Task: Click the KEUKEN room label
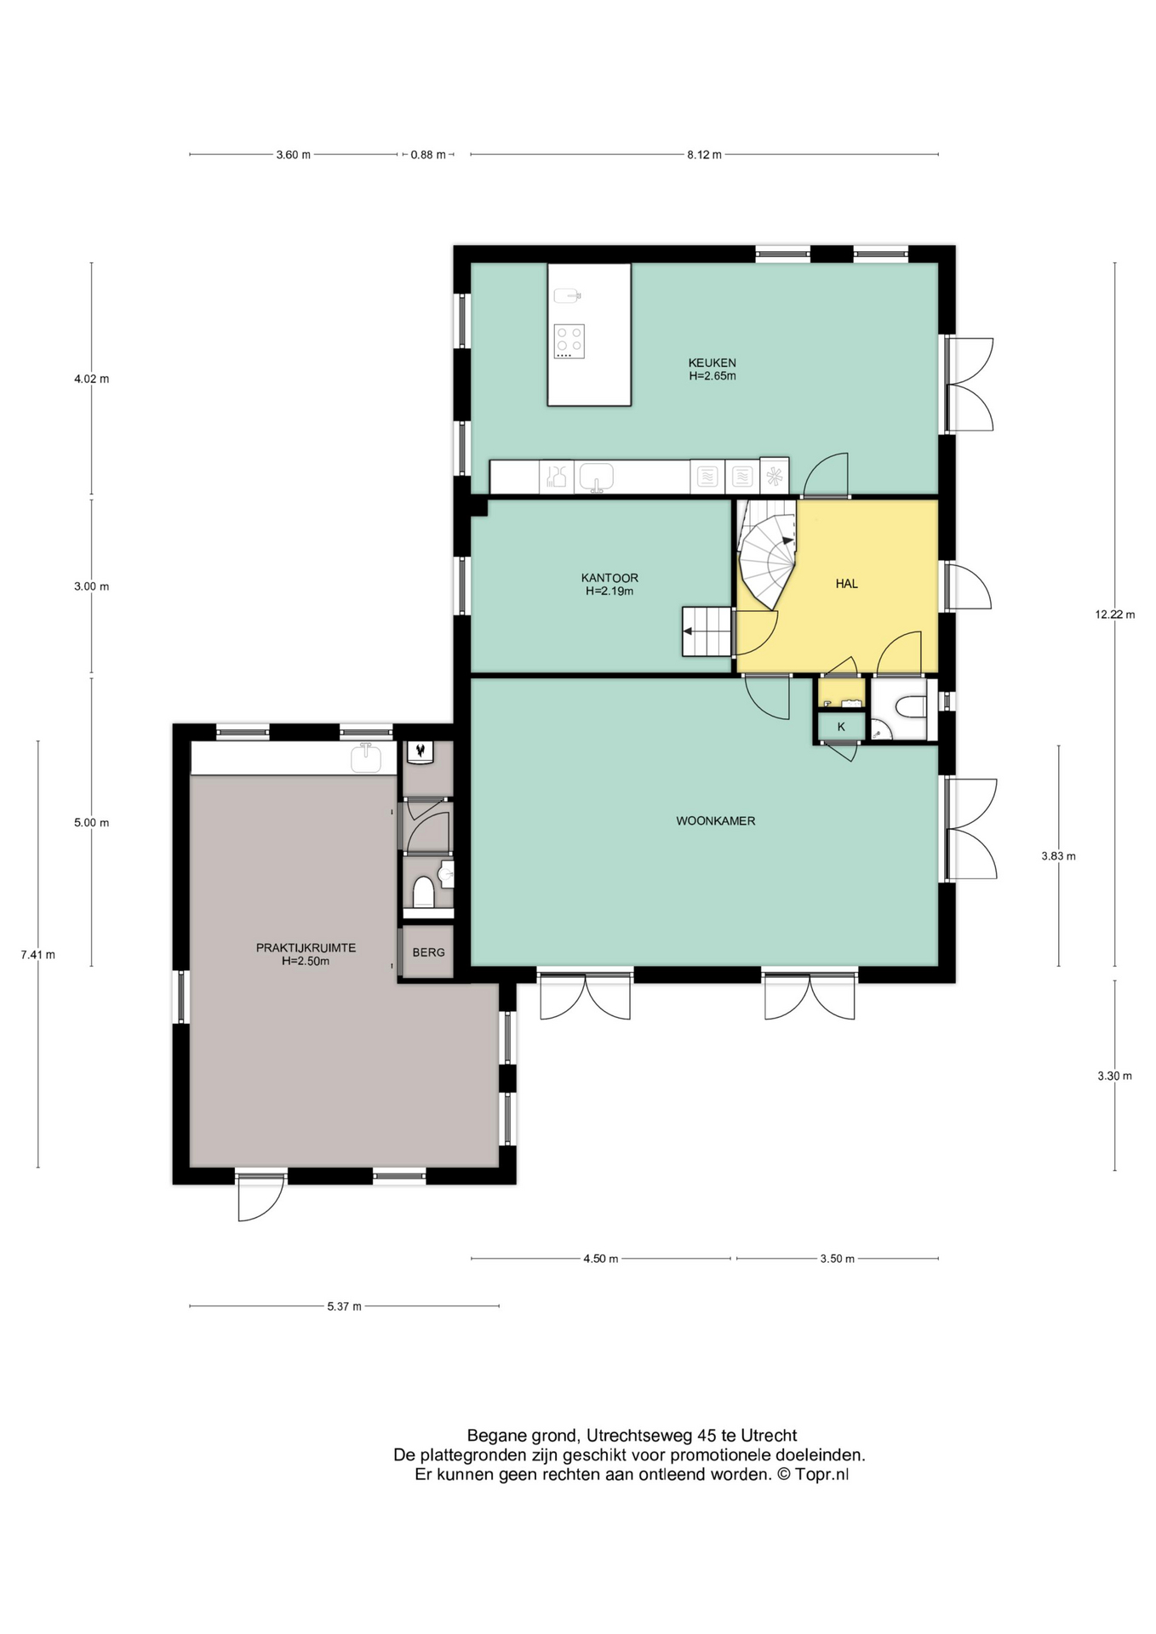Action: [x=712, y=363]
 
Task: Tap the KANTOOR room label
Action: [x=609, y=578]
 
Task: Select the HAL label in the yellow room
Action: [x=846, y=584]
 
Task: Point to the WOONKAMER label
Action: [x=716, y=821]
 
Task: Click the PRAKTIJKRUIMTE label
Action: [x=306, y=947]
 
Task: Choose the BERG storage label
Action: [x=428, y=952]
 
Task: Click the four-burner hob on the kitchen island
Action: [x=569, y=341]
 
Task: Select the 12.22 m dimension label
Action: [x=1114, y=614]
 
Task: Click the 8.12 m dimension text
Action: [x=704, y=155]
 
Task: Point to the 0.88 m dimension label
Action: [x=428, y=155]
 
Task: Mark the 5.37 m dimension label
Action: [x=344, y=1306]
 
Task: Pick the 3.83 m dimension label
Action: [x=1058, y=856]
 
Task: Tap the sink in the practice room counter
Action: [x=366, y=757]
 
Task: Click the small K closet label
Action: [x=841, y=727]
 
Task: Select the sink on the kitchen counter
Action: [x=597, y=477]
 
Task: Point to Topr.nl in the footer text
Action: [x=821, y=1474]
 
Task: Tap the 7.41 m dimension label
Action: [x=37, y=955]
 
